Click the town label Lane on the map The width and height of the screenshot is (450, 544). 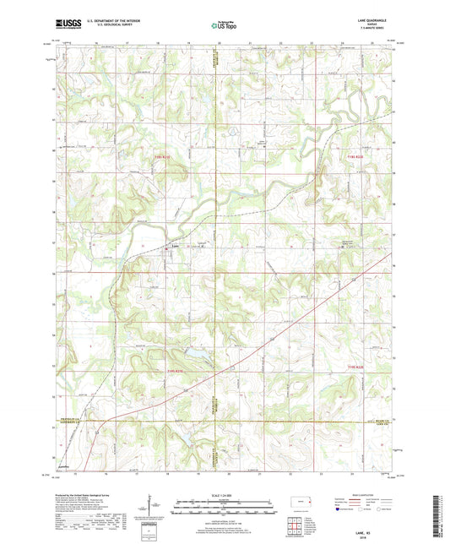(175, 247)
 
